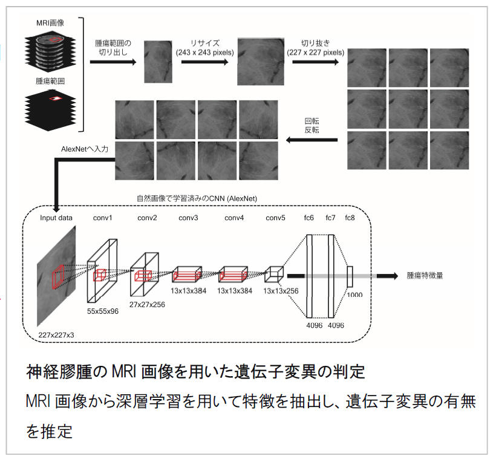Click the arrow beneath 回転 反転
[312, 140]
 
